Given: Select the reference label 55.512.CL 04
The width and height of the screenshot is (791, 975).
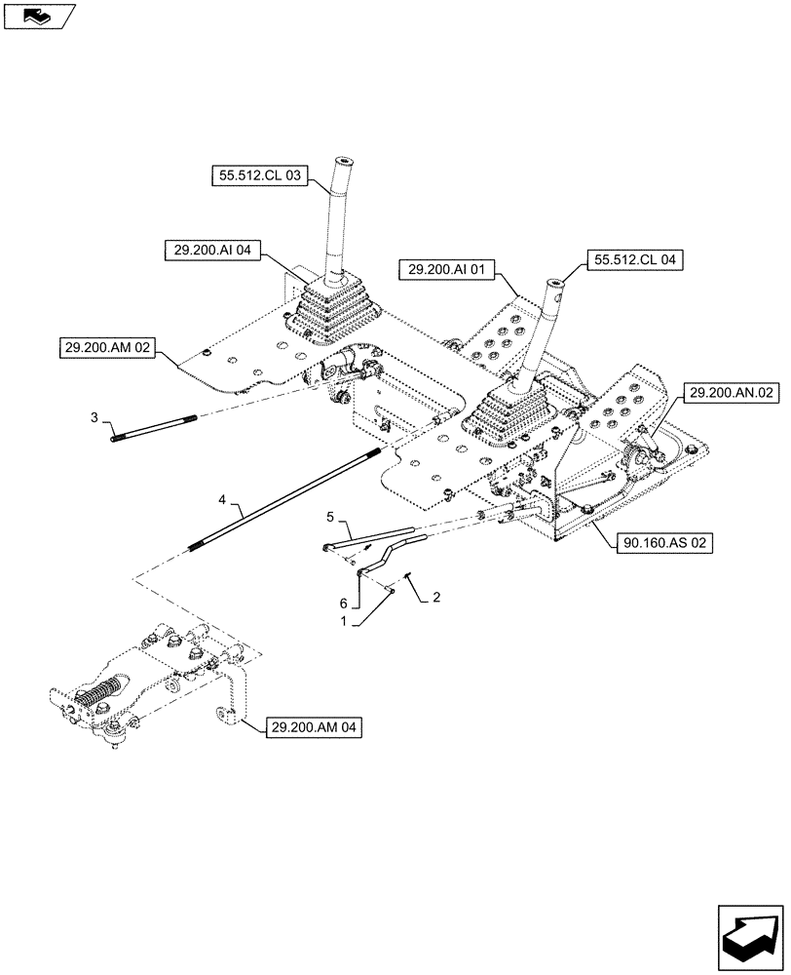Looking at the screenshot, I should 634,260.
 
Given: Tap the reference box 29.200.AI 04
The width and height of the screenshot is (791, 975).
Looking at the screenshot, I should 211,251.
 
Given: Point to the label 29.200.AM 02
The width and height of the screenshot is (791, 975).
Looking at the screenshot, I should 108,347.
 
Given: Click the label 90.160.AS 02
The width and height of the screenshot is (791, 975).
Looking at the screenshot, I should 663,543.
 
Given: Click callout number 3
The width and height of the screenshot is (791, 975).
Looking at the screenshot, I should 95,417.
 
